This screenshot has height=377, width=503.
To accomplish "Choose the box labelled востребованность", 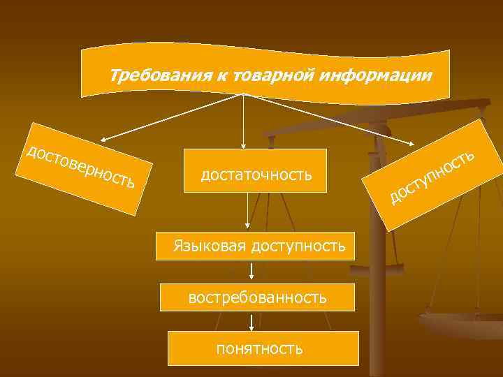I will pyautogui.click(x=257, y=298).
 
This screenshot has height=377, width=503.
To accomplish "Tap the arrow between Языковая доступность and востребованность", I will pyautogui.click(x=251, y=271).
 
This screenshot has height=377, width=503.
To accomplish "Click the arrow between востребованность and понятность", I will pyautogui.click(x=251, y=320).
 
